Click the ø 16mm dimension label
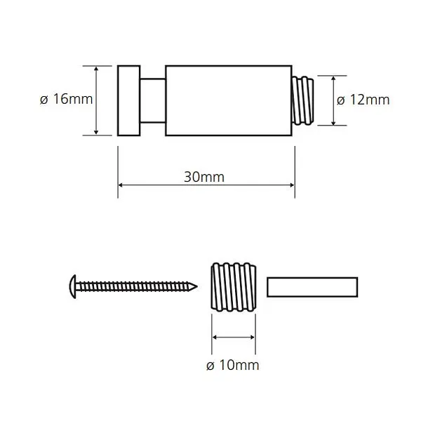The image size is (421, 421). coord(67,99)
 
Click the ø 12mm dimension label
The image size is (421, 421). coord(363,100)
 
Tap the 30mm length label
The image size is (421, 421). coord(204,177)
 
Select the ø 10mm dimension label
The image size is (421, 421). coord(232,365)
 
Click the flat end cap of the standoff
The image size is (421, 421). coord(129,100)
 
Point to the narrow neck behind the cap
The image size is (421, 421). coord(153,100)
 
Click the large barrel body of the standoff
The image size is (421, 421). coord(229,100)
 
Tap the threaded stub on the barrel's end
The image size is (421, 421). coord(302,100)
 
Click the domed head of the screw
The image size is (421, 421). coord(73,287)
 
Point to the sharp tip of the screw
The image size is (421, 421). coord(197,287)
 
